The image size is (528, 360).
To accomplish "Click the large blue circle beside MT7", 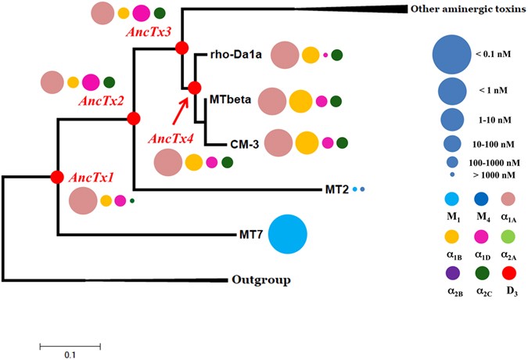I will pos(287,233).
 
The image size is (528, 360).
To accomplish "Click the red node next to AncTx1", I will pos(57,177).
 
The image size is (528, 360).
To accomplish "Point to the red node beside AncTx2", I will pos(133,118).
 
